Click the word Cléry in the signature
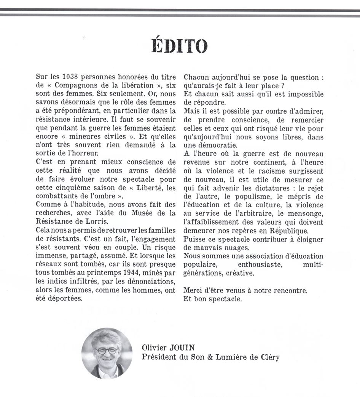pos(268,357)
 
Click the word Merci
pos(193,291)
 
